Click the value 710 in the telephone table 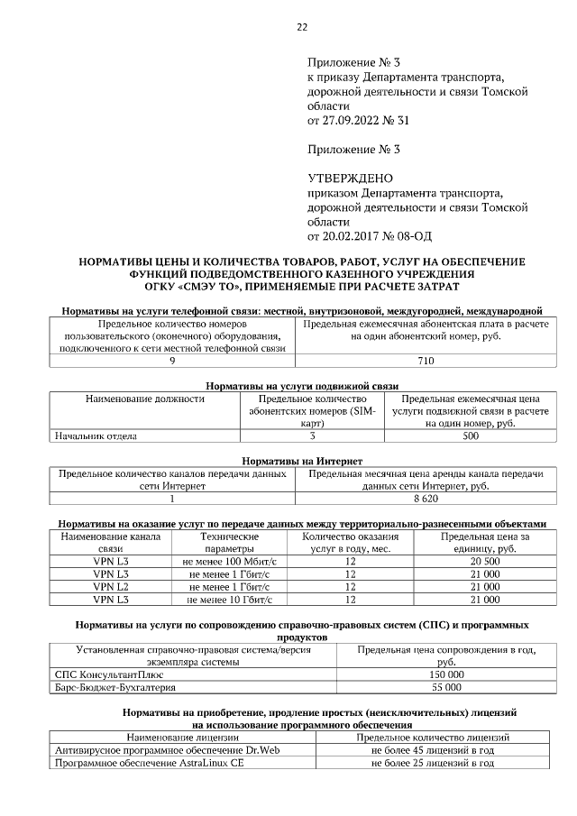click(426, 361)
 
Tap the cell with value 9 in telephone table click(172, 361)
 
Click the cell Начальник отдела click(96, 436)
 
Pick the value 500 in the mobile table click(470, 436)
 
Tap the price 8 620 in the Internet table click(426, 498)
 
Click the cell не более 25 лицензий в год click(433, 762)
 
